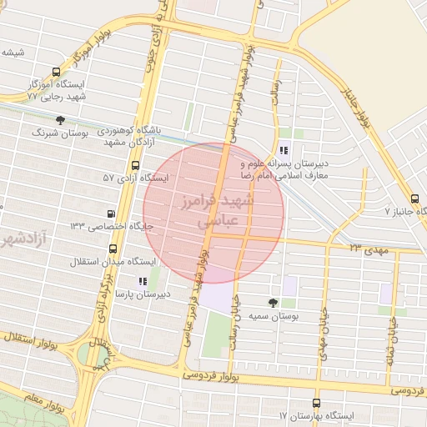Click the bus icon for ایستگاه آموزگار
pyautogui.click(x=56, y=73)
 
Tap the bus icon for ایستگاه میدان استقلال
pyautogui.click(x=113, y=249)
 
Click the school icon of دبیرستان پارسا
pyautogui.click(x=143, y=281)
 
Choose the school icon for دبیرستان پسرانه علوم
pyautogui.click(x=284, y=151)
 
